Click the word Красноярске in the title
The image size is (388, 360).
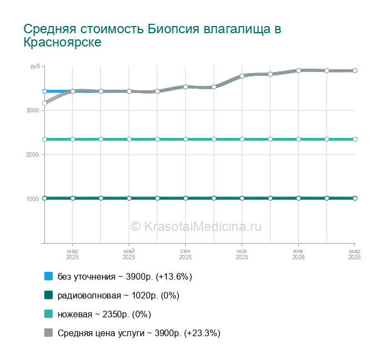pos(62,43)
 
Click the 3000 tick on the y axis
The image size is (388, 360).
pos(32,110)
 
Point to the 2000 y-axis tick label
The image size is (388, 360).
pos(32,155)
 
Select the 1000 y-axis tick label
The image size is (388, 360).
pos(32,199)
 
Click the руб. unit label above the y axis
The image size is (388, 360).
pos(35,66)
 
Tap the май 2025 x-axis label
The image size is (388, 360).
pos(129,254)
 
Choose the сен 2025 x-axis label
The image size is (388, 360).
pos(185,254)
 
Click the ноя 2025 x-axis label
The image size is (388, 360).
pos(242,254)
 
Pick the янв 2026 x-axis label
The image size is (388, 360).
pos(298,254)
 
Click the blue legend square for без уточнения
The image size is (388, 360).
pos(48,276)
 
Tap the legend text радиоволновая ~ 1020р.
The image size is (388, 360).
pos(118,295)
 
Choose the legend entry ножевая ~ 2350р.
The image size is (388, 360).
pos(104,314)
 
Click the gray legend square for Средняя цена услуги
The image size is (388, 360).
pos(48,333)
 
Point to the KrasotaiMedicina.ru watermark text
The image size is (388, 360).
pos(196,226)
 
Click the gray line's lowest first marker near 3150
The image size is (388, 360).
pos(44,103)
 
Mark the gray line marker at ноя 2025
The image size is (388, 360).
pos(242,76)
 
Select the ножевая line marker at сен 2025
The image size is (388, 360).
pos(186,139)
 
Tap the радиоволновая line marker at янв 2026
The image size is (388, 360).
pos(299,198)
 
